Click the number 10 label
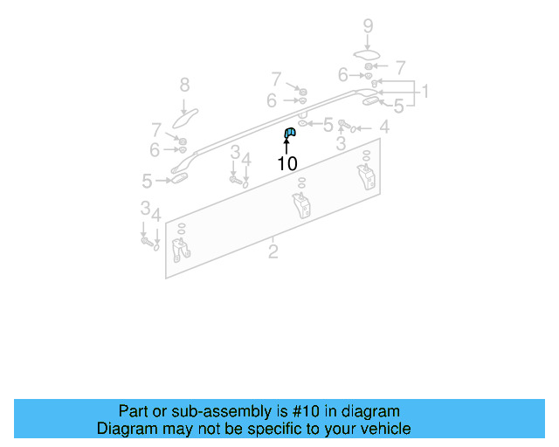(287, 163)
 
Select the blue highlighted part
(289, 133)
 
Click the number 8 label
(184, 85)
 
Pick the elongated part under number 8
(186, 115)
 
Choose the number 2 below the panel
(273, 252)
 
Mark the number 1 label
(424, 92)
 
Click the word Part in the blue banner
(134, 411)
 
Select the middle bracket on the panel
(301, 208)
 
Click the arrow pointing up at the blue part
(286, 146)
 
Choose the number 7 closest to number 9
(400, 67)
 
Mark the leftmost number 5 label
(148, 181)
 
